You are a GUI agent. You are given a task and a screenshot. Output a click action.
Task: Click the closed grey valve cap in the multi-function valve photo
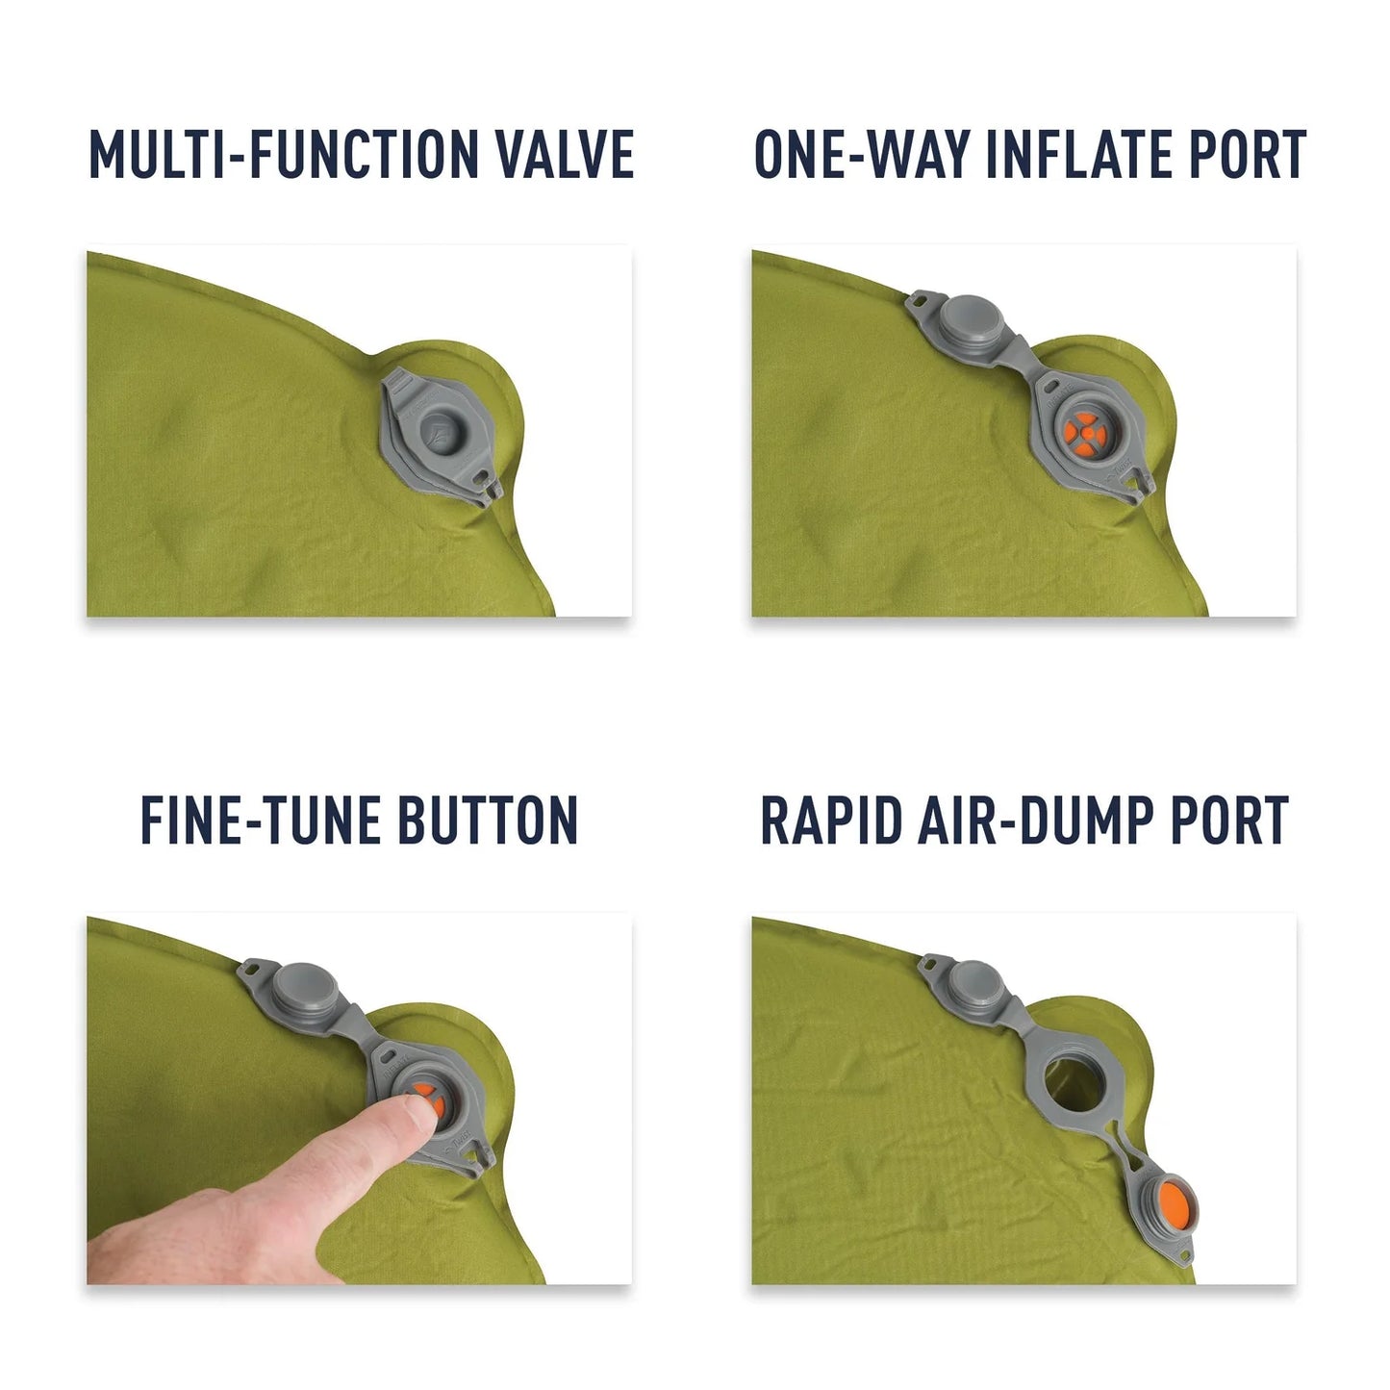point(441,424)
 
